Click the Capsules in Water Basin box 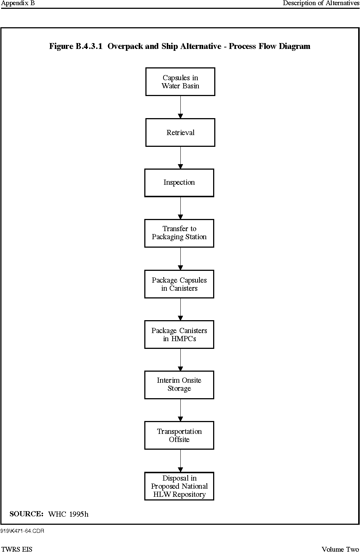pos(180,82)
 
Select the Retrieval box pos(180,132)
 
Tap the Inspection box pos(179,183)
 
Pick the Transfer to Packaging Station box pos(179,233)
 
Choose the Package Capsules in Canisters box pos(179,284)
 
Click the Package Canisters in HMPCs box pos(179,335)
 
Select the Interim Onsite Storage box pos(179,385)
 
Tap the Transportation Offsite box pos(179,435)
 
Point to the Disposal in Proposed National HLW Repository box pos(179,486)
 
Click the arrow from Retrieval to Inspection pos(180,158)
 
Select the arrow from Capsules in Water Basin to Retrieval pos(180,107)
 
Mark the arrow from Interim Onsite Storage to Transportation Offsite pos(180,410)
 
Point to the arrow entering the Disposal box pos(180,461)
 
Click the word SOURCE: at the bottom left pos(27,514)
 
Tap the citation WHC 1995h pos(68,514)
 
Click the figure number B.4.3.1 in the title pos(89,46)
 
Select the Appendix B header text pos(18,3)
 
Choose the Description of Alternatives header pos(321,3)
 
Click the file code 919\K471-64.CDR pos(22,531)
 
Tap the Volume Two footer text pos(340,549)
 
